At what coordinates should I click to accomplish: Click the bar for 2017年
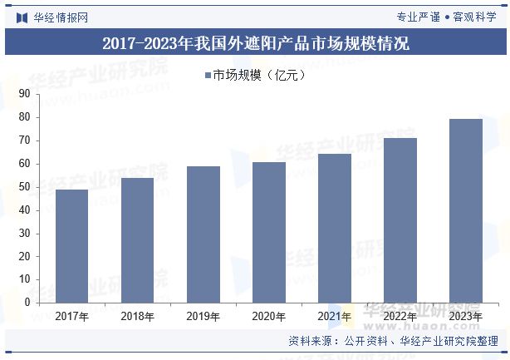[x=71, y=246]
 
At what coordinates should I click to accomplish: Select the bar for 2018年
[x=137, y=240]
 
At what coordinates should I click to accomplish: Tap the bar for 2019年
[x=204, y=234]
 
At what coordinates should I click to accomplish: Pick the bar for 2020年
[x=269, y=232]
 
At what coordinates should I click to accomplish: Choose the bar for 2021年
[x=335, y=228]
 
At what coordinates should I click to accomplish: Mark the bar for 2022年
[x=400, y=220]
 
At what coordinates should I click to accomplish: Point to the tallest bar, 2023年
[x=466, y=210]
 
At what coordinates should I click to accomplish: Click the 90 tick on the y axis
[x=23, y=94]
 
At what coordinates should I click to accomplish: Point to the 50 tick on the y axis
[x=23, y=187]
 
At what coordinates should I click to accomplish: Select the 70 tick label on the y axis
[x=23, y=141]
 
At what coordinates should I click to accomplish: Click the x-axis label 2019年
[x=204, y=316]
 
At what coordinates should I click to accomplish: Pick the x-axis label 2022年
[x=400, y=316]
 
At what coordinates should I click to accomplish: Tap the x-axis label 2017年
[x=71, y=316]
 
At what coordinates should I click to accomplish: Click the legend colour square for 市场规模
[x=207, y=76]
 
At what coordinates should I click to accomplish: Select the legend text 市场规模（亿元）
[x=260, y=76]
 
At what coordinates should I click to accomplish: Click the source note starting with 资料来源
[x=393, y=341]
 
